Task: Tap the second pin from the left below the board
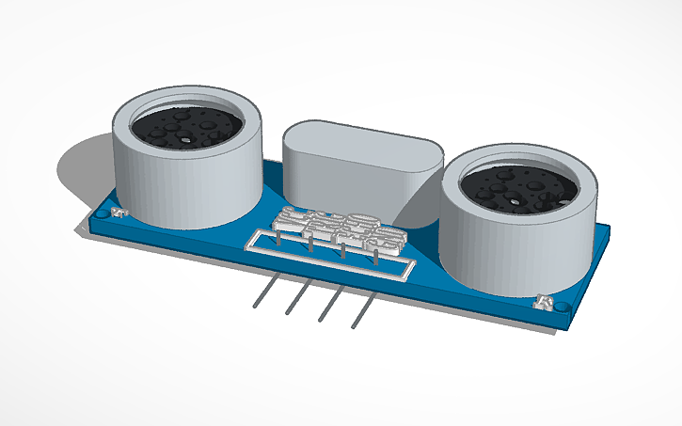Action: (x=294, y=301)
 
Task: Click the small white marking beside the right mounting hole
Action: (x=544, y=303)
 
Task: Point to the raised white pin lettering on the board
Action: (x=329, y=226)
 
